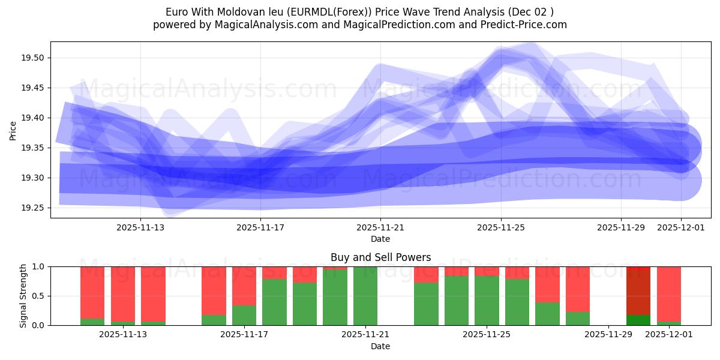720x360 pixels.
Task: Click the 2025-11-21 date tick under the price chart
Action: point(380,227)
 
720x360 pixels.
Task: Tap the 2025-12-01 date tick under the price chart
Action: point(680,227)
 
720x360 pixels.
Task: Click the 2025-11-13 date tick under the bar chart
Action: point(123,335)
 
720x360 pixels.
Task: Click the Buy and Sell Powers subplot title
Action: point(380,257)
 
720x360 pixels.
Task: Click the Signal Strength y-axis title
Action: point(24,296)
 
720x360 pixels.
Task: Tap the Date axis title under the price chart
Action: point(380,239)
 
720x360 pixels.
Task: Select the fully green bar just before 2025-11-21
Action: point(365,296)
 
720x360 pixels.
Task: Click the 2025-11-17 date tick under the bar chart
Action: point(244,335)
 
